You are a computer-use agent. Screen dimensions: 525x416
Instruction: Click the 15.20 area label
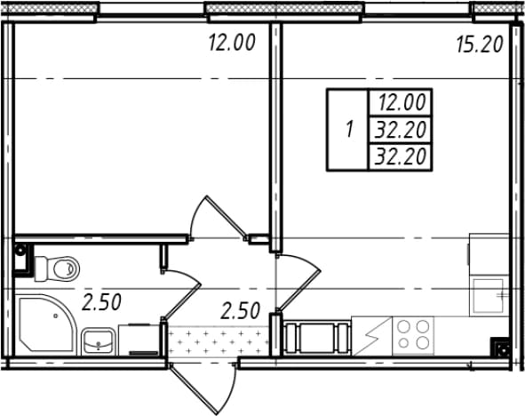coord(480,44)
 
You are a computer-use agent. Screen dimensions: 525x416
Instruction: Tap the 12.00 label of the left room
coord(232,43)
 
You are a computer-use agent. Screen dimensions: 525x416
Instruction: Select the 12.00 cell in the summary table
coord(402,102)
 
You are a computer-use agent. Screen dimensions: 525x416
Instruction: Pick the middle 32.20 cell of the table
coord(402,130)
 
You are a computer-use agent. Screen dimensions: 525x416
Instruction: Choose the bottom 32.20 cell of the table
coord(402,156)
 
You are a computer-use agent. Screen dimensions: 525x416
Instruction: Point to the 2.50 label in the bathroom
coord(101,302)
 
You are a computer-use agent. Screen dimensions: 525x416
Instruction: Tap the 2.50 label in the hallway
coord(241,310)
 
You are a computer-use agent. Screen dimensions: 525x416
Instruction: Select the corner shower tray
coord(47,324)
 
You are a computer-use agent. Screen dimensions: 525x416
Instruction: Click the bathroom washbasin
coord(99,341)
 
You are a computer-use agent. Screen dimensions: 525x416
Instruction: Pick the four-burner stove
coord(413,335)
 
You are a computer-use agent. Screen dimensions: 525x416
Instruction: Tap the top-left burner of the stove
coord(404,325)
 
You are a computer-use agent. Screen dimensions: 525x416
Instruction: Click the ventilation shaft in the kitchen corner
coord(501,348)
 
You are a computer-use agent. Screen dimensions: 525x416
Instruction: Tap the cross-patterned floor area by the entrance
coord(219,342)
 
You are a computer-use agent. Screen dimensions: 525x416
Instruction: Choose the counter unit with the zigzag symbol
coord(371,336)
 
